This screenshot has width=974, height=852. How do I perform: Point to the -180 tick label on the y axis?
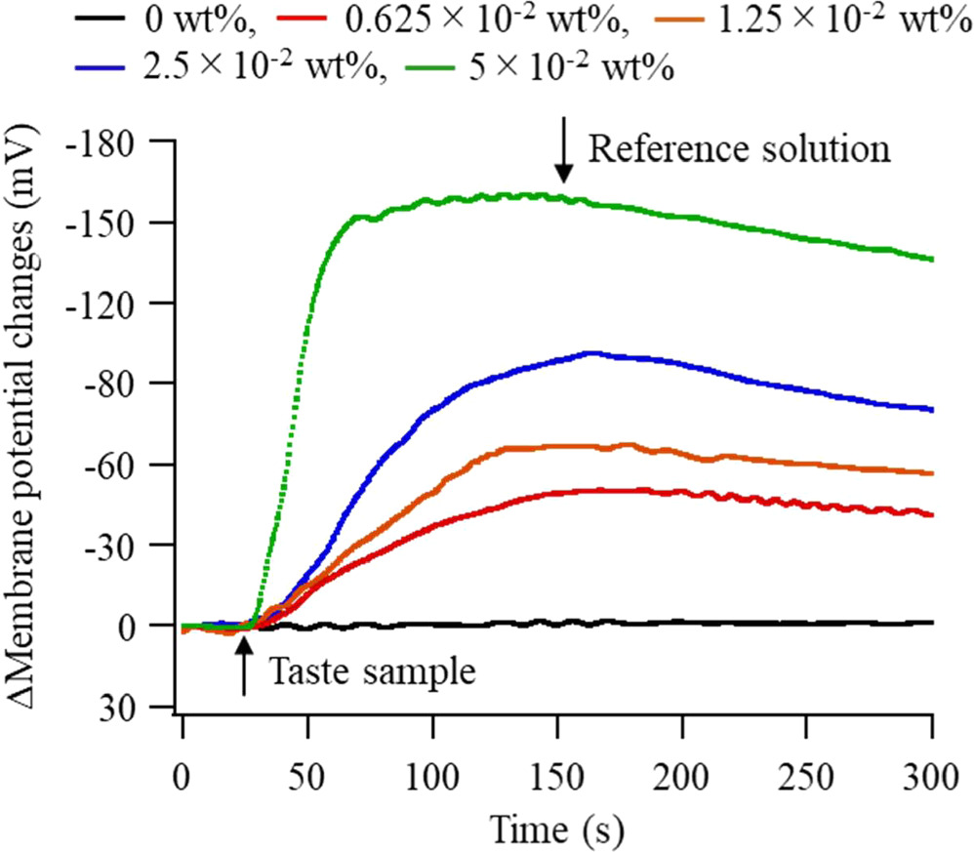[107, 142]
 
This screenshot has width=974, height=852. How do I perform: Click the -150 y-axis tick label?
[107, 223]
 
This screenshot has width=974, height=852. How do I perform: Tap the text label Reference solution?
[740, 148]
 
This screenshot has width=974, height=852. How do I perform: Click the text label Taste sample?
[371, 672]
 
